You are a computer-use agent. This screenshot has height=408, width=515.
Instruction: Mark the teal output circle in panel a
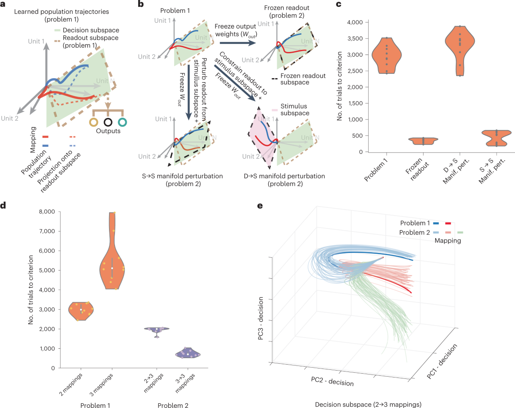point(123,123)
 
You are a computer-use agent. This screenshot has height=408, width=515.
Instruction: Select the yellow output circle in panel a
point(94,123)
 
